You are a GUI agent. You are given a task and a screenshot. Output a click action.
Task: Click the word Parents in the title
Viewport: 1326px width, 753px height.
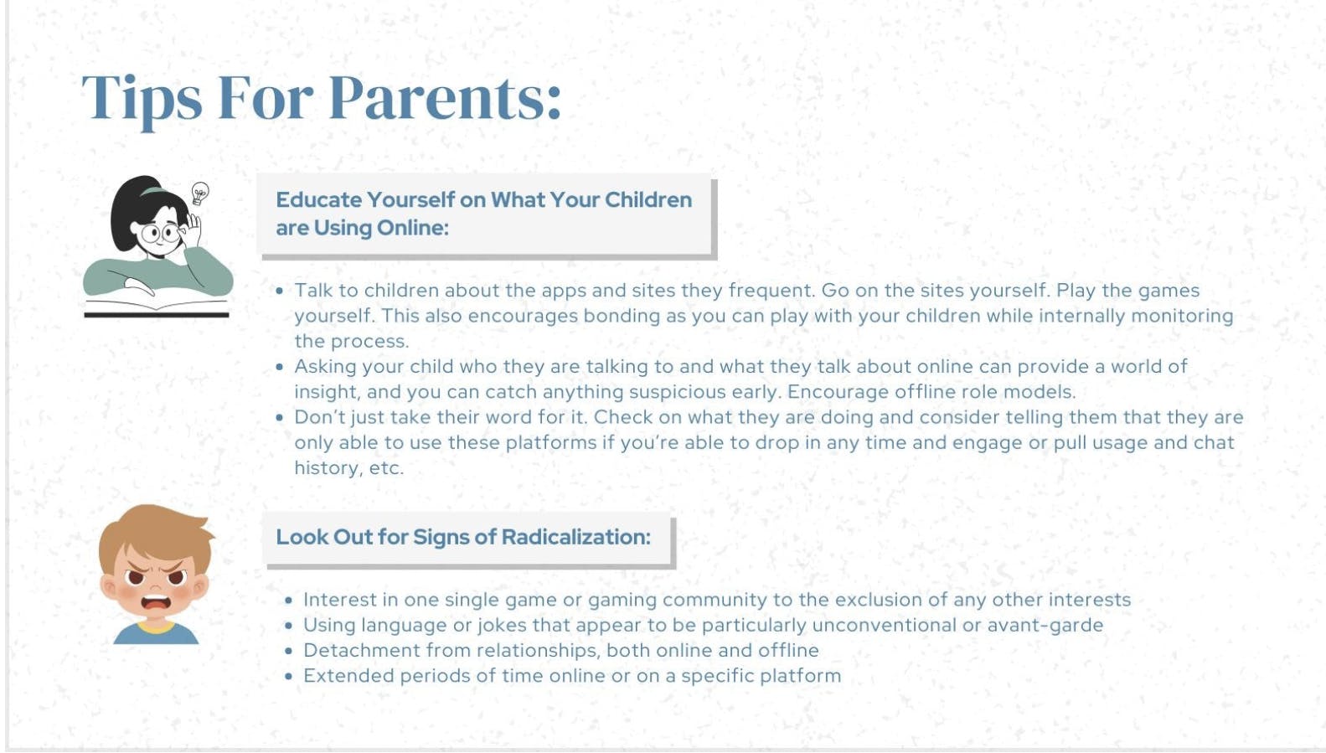tap(444, 98)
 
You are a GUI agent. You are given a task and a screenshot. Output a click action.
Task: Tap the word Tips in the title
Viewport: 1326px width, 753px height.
tap(142, 98)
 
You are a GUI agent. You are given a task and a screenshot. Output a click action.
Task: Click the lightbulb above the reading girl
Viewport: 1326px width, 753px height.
tap(199, 193)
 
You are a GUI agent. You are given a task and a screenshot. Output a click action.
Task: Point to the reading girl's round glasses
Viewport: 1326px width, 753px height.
tap(161, 232)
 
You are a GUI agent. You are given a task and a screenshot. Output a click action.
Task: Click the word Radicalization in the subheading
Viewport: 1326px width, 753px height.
tap(575, 537)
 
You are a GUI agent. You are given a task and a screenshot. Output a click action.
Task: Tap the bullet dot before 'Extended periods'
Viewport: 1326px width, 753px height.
tap(288, 676)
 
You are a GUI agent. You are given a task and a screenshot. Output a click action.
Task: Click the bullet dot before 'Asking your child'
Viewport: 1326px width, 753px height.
tap(280, 367)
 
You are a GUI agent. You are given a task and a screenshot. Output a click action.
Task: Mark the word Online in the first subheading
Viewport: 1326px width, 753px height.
tap(411, 228)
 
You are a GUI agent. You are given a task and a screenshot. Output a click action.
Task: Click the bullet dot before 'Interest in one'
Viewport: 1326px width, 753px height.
tap(288, 601)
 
